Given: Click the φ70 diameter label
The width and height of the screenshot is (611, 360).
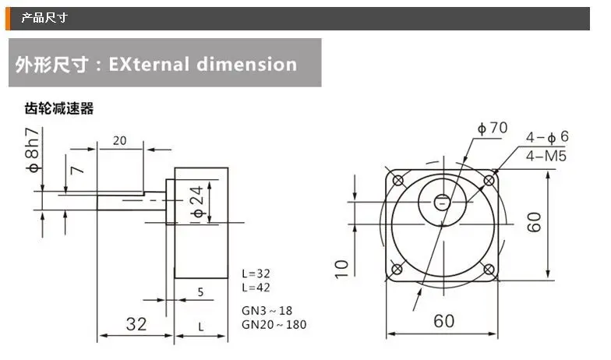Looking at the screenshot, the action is [x=493, y=128].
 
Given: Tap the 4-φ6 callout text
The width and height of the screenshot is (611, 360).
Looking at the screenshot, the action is [x=547, y=137].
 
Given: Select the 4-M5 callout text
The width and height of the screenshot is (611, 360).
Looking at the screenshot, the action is [x=546, y=156].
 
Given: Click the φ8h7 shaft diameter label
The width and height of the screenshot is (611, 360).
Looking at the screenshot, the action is [x=32, y=150].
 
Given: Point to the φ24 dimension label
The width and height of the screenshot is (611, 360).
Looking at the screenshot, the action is [x=198, y=201].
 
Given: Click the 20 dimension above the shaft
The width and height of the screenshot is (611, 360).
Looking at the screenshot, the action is [x=120, y=140].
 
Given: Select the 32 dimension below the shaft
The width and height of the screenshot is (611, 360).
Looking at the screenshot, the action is [x=136, y=324].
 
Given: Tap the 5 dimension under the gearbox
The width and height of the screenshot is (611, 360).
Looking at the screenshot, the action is [x=200, y=291].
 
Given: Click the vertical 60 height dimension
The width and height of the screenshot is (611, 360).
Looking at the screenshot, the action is [x=535, y=222].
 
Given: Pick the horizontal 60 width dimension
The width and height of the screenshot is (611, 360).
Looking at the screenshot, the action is [x=444, y=321].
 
